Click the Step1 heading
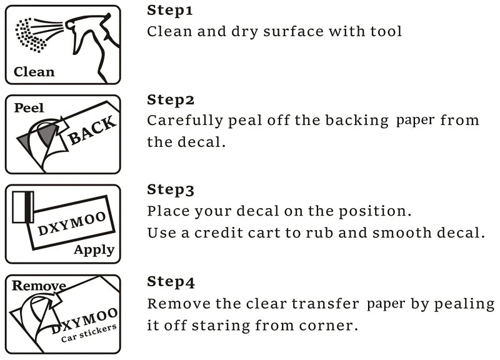170,11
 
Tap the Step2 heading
171,100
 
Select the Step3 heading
171,190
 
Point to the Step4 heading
171,282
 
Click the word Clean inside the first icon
34,72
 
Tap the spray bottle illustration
92,44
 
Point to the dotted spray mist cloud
30,35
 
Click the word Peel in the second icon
29,107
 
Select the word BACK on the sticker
92,130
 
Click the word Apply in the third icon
94,249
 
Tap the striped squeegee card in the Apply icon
23,207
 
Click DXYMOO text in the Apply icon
72,223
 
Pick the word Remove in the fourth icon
39,286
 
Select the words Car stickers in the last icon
89,333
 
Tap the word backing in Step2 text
357,121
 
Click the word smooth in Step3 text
402,232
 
